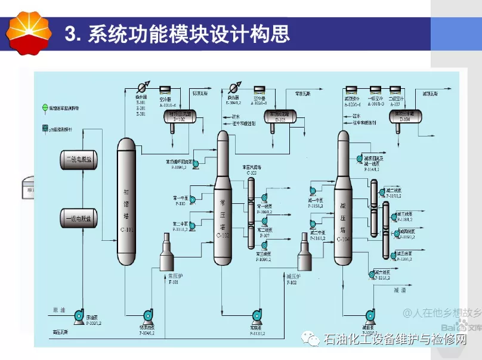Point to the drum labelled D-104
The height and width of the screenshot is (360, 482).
click(405, 114)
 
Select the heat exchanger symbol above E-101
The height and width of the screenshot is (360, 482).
click(141, 88)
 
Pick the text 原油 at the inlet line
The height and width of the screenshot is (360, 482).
click(58, 309)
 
